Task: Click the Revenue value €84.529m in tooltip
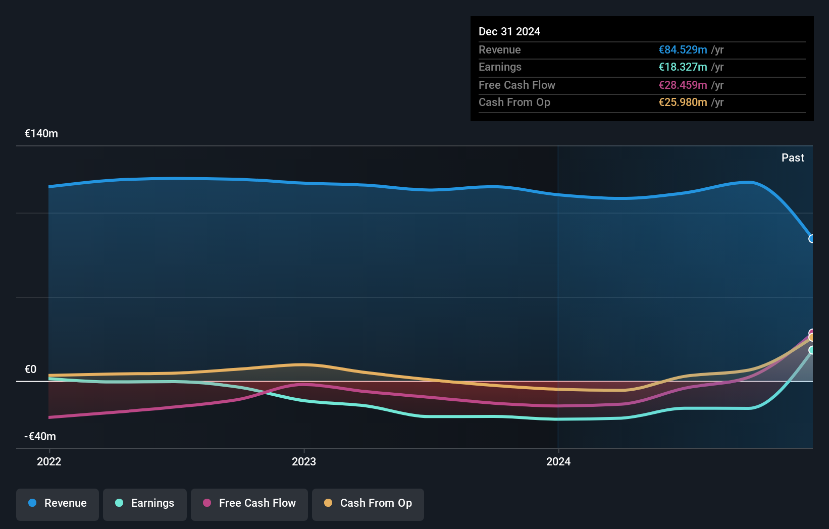683,50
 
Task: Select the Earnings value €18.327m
683,67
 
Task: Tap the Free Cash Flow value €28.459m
683,85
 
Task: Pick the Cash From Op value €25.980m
683,102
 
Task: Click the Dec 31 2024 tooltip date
509,32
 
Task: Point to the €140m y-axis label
41,134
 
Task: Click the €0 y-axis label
31,369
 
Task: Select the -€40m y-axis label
40,437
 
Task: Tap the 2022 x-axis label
49,462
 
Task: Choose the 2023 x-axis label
304,462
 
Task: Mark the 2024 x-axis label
558,462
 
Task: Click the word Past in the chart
793,158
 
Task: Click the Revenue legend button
58,504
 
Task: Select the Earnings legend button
145,504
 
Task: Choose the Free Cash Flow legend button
249,504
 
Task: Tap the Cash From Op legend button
368,504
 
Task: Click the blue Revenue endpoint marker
811,239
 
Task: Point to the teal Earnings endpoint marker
811,350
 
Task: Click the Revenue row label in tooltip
499,50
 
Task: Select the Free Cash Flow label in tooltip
516,85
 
